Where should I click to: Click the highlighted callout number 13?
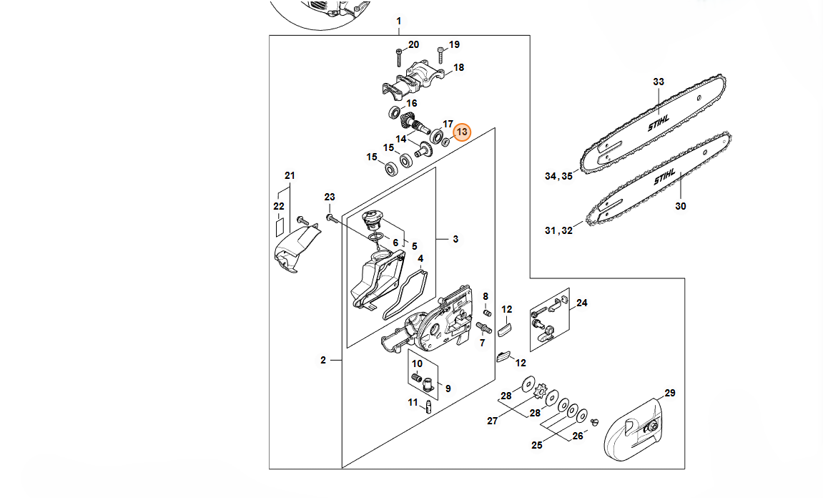(461, 132)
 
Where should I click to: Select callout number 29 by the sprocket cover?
(669, 393)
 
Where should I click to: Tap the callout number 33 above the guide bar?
(659, 82)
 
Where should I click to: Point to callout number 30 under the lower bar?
(680, 206)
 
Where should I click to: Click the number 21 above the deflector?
(290, 175)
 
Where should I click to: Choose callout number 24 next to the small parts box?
(581, 303)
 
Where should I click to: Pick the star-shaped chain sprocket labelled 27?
(546, 393)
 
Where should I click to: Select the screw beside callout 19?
(441, 54)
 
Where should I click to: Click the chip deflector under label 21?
(296, 248)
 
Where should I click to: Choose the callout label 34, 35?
(558, 176)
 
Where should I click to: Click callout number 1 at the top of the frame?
(398, 21)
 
